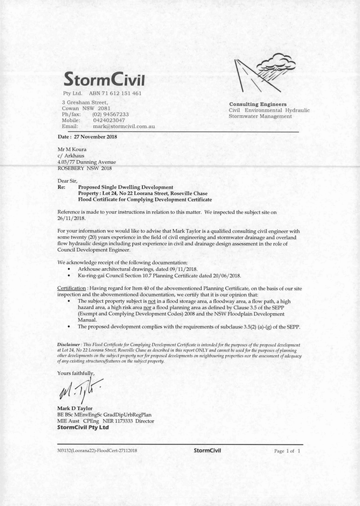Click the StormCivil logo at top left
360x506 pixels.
click(104, 77)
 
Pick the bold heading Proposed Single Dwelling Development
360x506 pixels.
click(126, 187)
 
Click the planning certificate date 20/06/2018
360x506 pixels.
click(222, 276)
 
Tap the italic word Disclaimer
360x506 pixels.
click(69, 344)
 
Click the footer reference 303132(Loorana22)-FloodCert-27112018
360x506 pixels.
click(97, 451)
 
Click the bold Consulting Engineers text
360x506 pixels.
click(257, 104)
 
